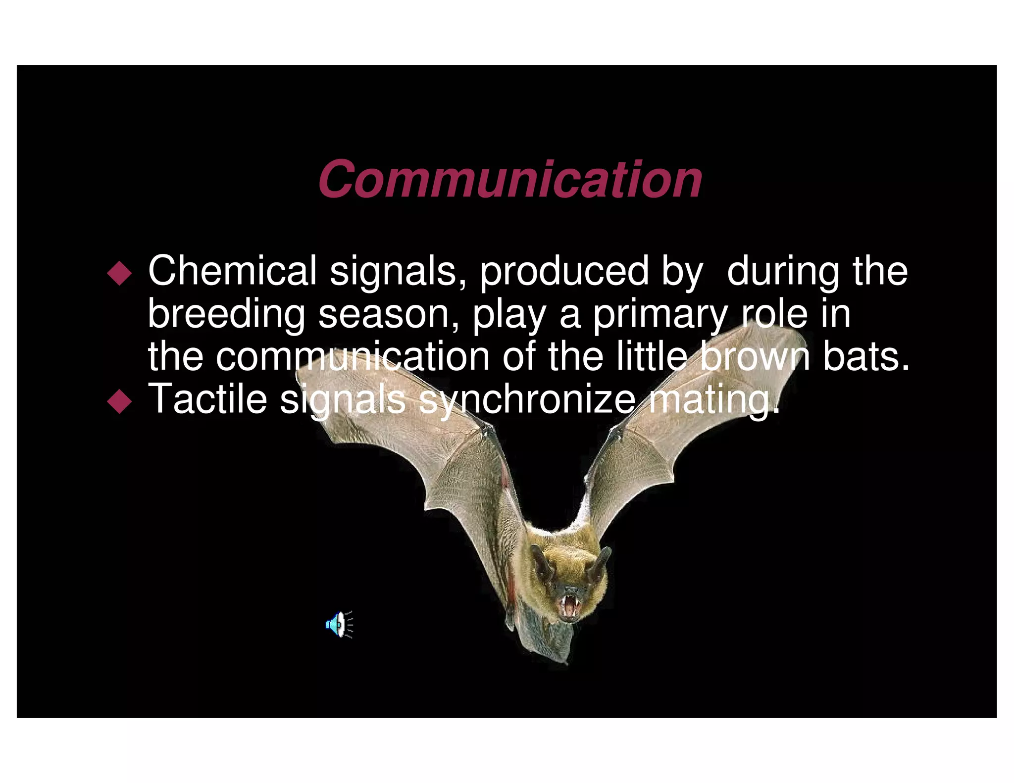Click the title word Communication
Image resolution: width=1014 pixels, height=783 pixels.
[510, 179]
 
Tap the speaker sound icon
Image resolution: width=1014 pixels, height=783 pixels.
[339, 624]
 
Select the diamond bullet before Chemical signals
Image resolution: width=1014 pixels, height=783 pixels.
[119, 273]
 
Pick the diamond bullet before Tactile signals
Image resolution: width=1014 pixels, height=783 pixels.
[119, 401]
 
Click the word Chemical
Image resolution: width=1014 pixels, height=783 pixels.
[232, 271]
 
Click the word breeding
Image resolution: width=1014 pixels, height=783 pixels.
[226, 315]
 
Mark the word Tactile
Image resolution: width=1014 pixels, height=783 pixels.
[207, 399]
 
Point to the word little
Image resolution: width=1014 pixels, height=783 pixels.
[652, 356]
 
